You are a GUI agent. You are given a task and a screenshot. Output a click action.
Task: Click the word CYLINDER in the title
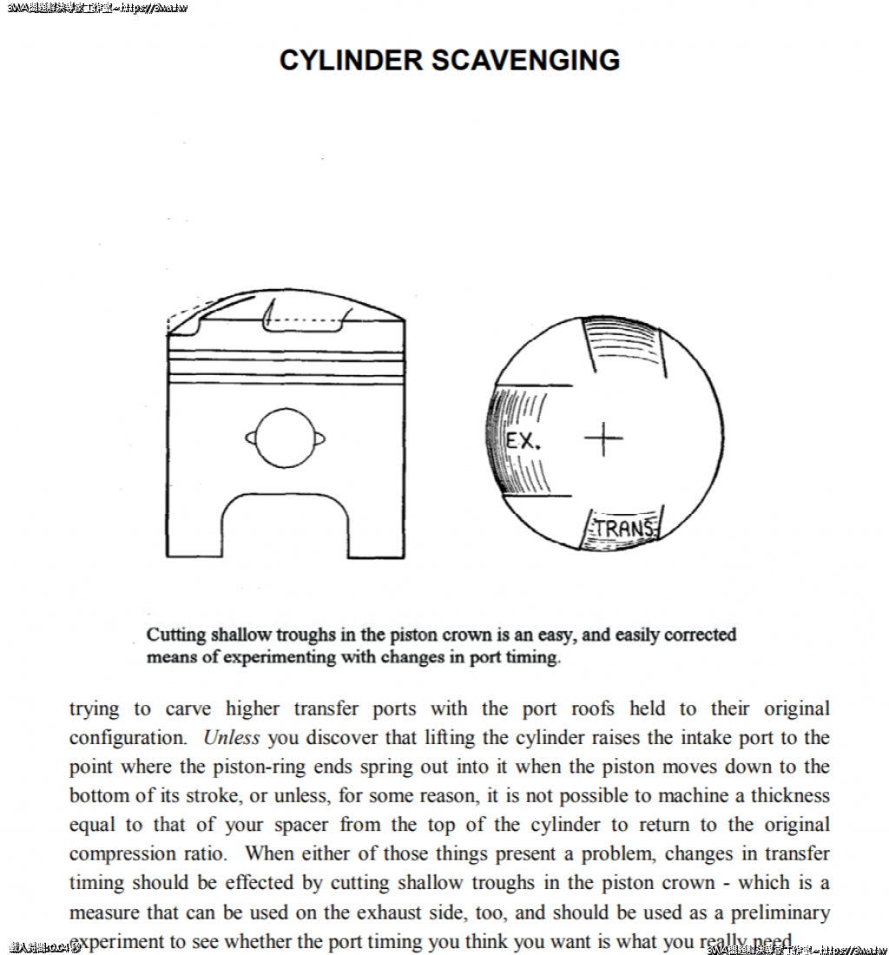[x=351, y=60]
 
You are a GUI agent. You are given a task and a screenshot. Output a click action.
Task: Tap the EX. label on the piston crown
[x=524, y=440]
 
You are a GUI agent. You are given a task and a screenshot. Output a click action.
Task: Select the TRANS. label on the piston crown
[x=623, y=528]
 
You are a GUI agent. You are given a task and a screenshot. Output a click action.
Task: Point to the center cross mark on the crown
[x=603, y=438]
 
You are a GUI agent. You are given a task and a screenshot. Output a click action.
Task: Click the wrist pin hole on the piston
[x=286, y=438]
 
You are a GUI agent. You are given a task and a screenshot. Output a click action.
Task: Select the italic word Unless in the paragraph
[x=231, y=738]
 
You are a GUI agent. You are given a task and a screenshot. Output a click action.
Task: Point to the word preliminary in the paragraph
[x=779, y=912]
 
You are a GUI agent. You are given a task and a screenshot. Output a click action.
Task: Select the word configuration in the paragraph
[x=127, y=738]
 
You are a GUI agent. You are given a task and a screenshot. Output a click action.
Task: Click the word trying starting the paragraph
[x=93, y=709]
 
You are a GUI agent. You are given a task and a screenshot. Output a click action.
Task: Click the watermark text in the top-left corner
[x=95, y=9]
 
